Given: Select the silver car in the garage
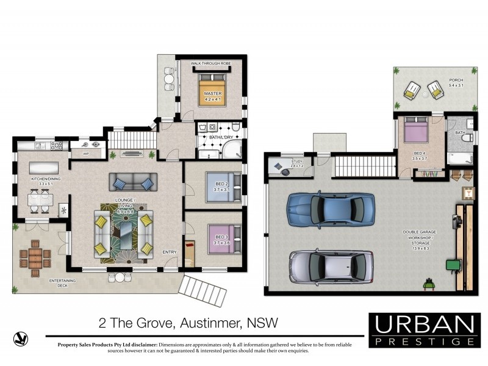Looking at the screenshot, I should point(330,267).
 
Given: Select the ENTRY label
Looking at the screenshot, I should point(169,252).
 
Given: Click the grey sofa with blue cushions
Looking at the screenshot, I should point(132,182).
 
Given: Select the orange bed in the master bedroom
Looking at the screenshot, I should point(211,91).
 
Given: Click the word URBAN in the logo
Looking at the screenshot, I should point(424,323).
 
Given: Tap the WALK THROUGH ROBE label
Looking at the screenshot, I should point(210,63).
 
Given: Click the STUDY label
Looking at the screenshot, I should point(297,164).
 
